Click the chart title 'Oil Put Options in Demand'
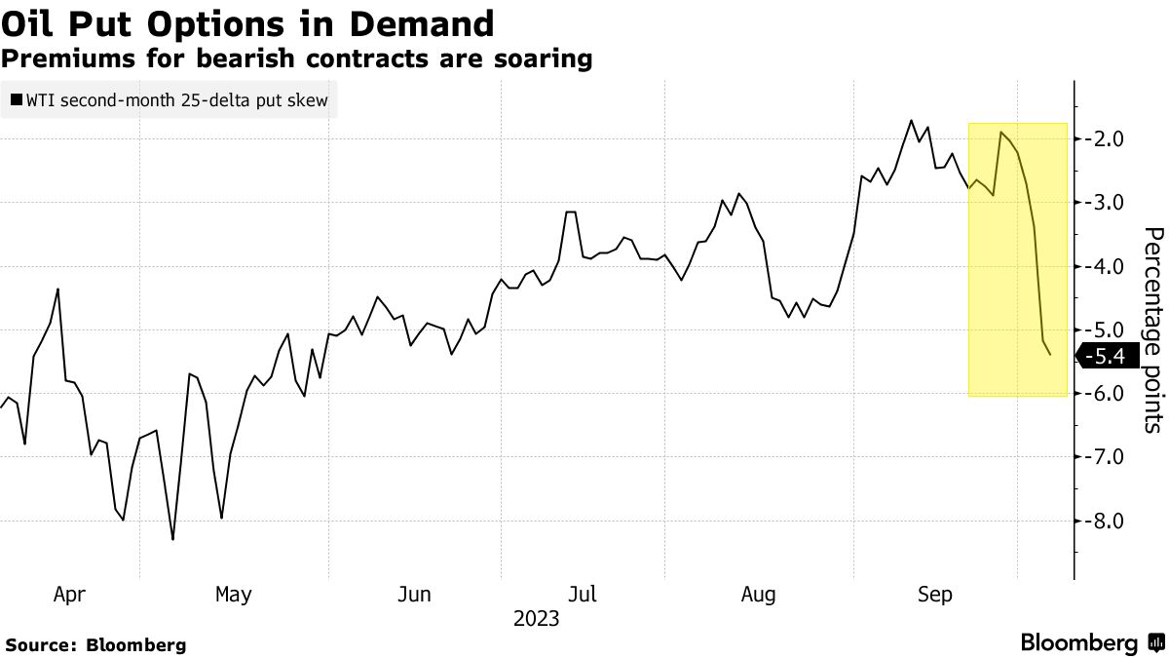click(x=247, y=23)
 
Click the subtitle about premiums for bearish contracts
click(x=297, y=58)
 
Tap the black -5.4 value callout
click(x=1109, y=357)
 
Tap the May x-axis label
click(x=234, y=594)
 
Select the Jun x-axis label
click(x=414, y=594)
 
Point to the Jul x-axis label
click(x=583, y=594)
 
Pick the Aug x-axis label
click(x=758, y=594)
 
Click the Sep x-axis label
click(x=934, y=594)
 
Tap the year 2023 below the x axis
click(x=536, y=619)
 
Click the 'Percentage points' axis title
click(x=1152, y=329)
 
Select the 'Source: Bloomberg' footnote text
click(x=95, y=644)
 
